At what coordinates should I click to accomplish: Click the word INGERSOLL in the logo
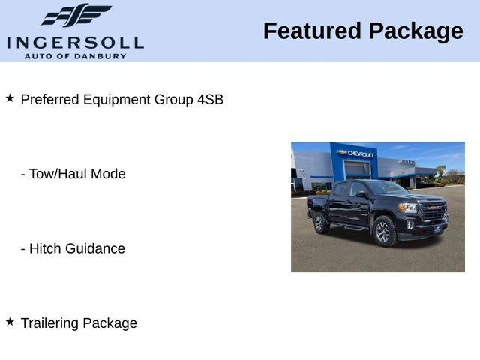[75, 41]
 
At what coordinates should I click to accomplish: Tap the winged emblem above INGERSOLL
[76, 15]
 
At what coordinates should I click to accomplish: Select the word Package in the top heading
[416, 31]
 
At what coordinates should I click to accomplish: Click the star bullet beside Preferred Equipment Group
[10, 97]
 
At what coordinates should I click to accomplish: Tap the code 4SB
[210, 99]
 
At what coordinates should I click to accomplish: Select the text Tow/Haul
[59, 174]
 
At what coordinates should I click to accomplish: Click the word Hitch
[45, 248]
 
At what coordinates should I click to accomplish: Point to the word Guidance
[95, 248]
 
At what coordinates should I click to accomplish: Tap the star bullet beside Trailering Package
[10, 321]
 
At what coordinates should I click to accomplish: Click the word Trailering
[49, 323]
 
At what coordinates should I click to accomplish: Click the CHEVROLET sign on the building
[359, 154]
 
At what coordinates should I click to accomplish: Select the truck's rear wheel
[319, 222]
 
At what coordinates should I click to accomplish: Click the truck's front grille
[433, 211]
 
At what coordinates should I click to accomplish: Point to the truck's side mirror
[362, 194]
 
